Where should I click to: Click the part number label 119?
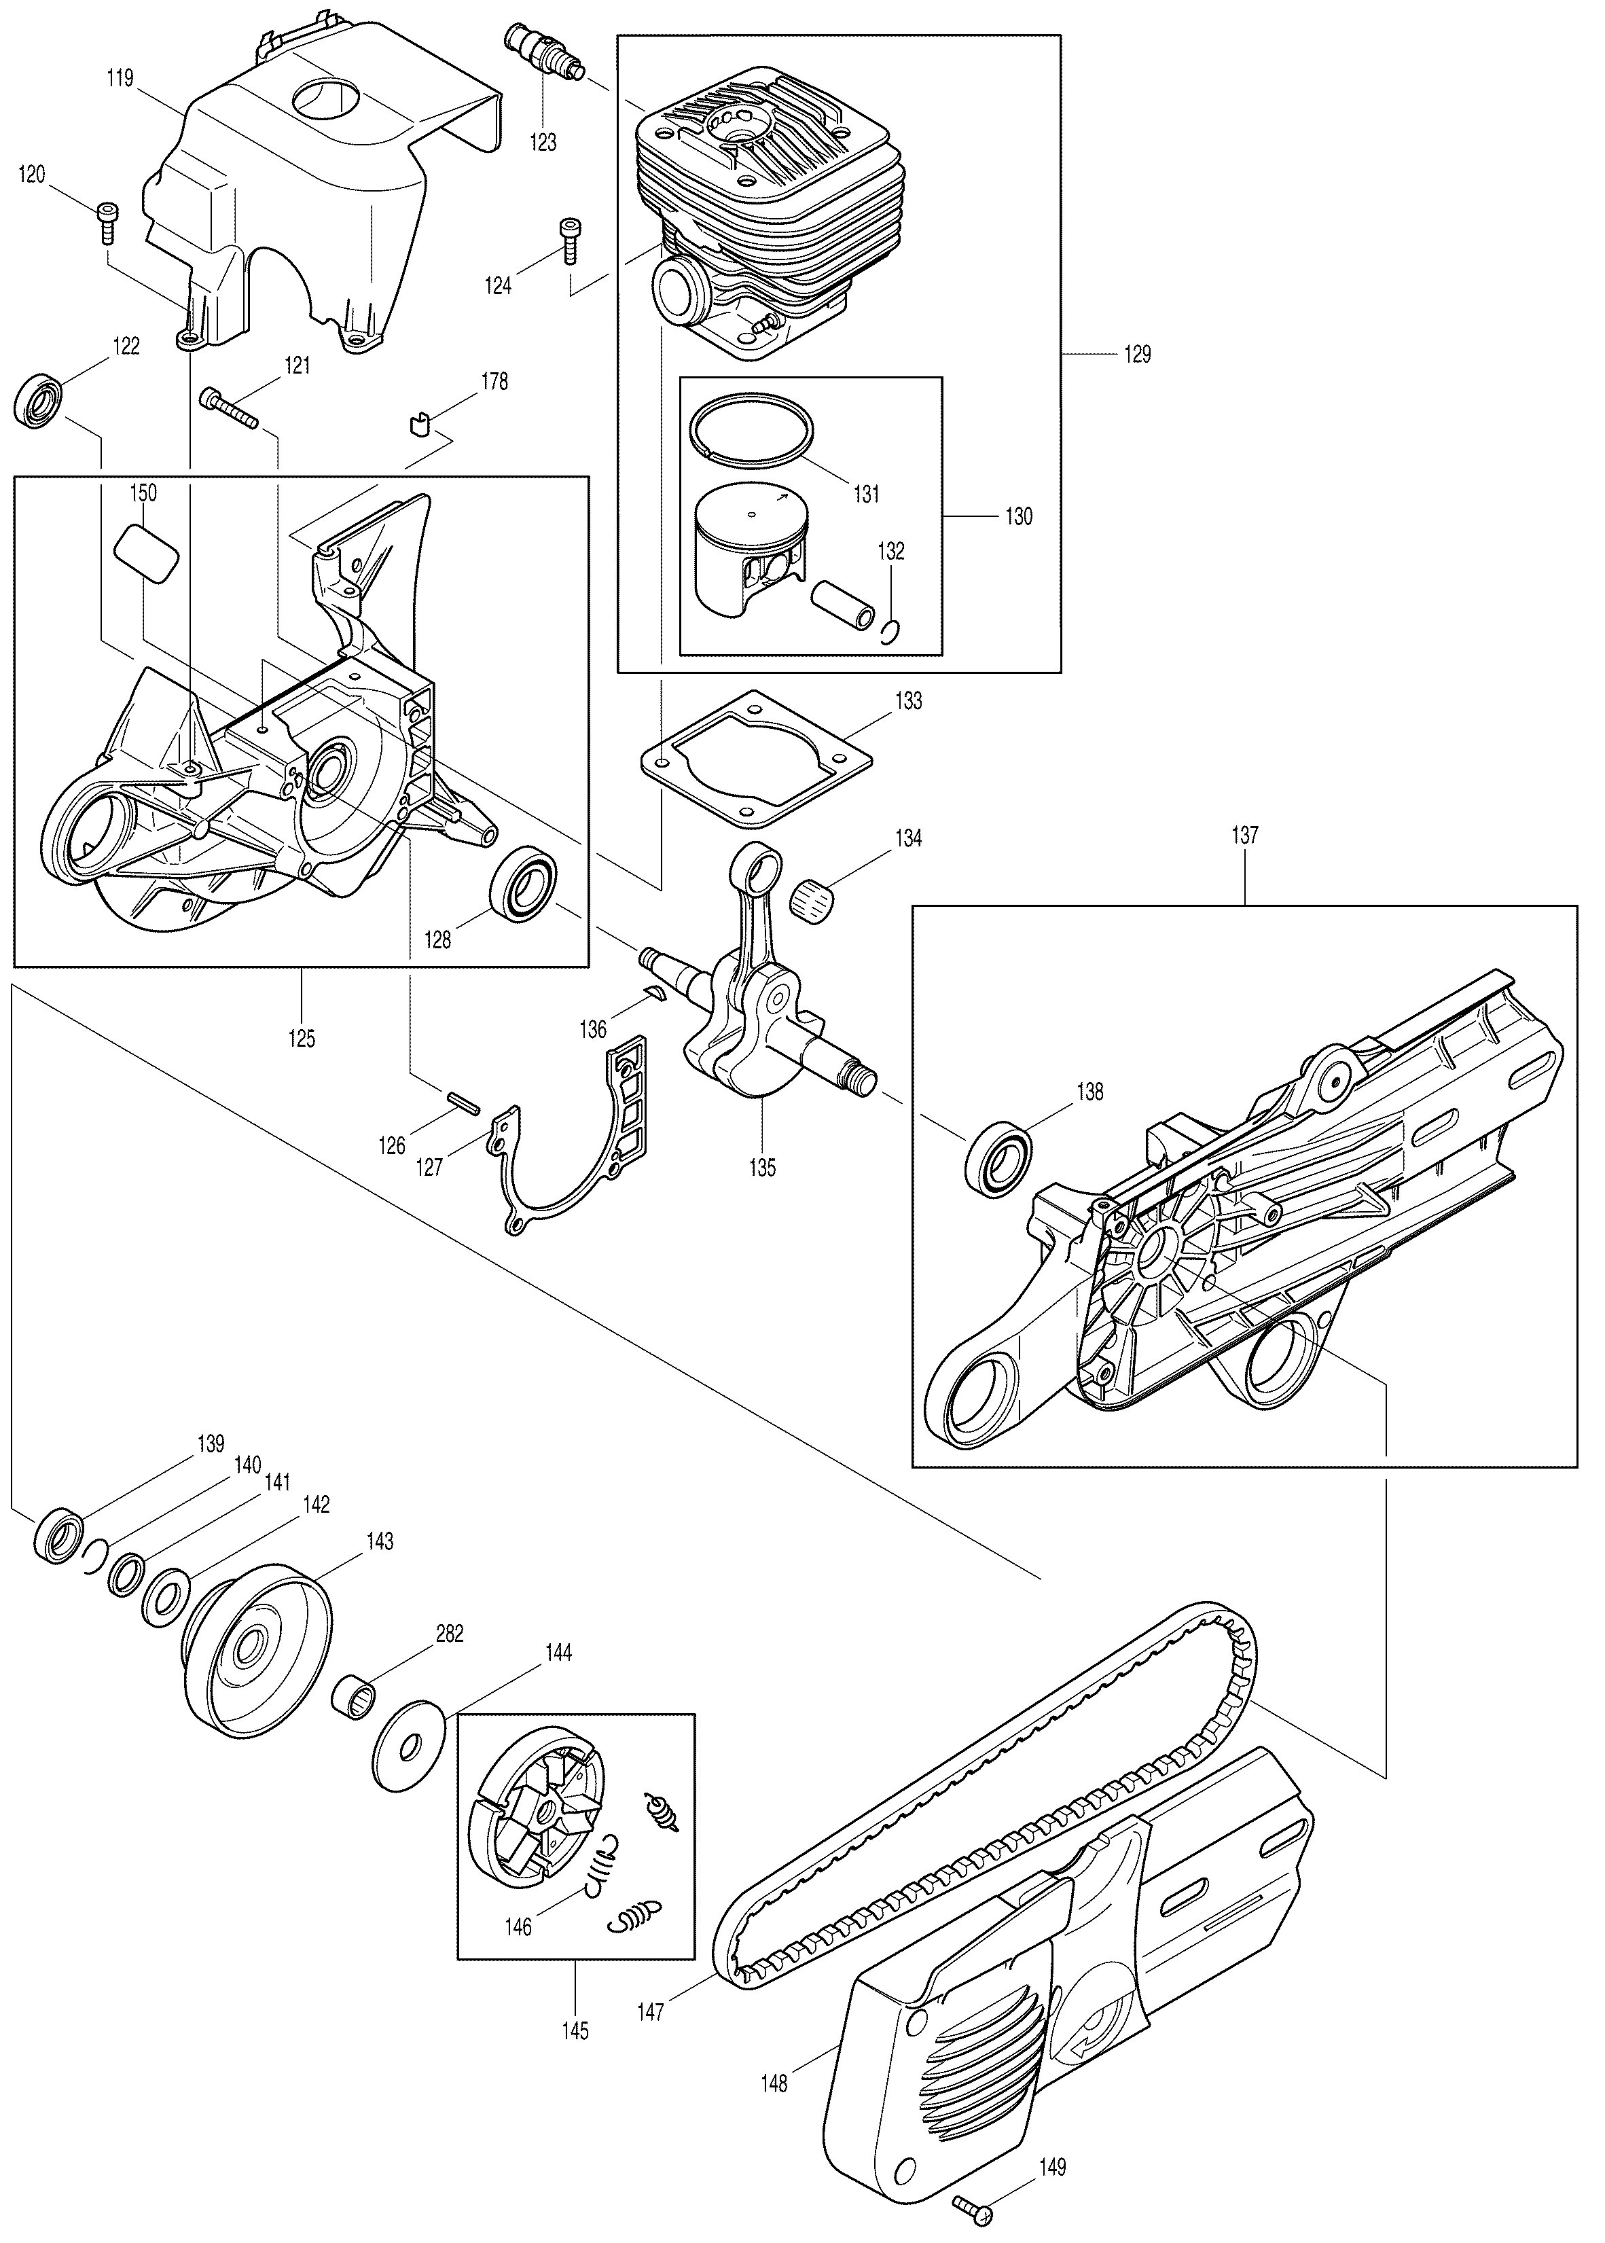(x=121, y=78)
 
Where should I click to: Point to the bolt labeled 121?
(x=228, y=408)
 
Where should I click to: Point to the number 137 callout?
(x=1244, y=835)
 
